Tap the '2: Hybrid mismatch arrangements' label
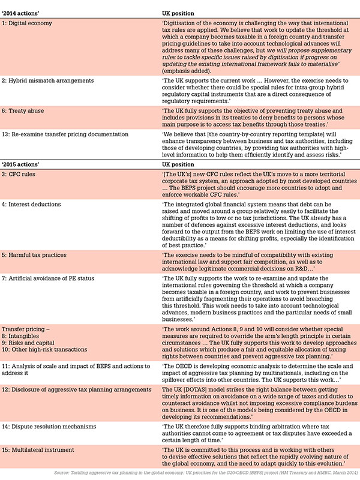[x=47, y=79]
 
